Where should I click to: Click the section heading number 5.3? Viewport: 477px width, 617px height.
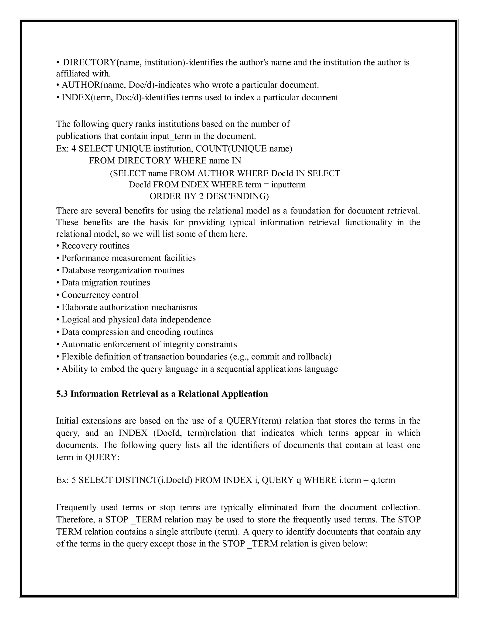coord(62,394)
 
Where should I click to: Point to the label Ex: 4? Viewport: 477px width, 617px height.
coord(66,149)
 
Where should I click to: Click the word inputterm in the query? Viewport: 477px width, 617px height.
coord(288,185)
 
